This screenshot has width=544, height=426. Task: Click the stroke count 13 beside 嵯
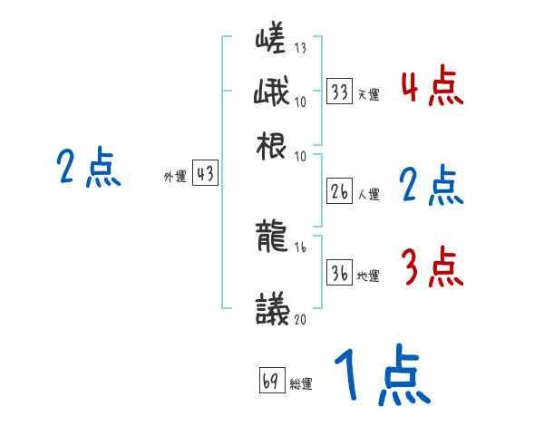(300, 49)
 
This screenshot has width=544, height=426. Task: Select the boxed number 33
(340, 92)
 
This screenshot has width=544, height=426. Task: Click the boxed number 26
(340, 191)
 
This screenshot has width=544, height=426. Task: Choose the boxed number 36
(340, 274)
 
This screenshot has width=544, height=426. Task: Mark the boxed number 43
(206, 174)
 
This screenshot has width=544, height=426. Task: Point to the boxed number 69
(271, 380)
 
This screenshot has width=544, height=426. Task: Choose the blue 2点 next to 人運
(431, 187)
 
